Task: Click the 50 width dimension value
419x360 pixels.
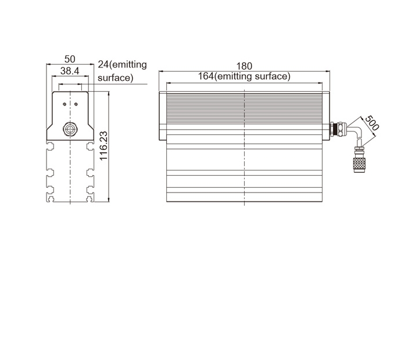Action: pyautogui.click(x=70, y=59)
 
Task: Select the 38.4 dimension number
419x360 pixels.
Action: pyautogui.click(x=70, y=71)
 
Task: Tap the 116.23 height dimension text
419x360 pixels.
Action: pyautogui.click(x=103, y=145)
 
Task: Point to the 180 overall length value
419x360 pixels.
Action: pyautogui.click(x=244, y=66)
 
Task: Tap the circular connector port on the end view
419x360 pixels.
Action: pyautogui.click(x=70, y=128)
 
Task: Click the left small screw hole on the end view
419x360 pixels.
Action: pyautogui.click(x=64, y=104)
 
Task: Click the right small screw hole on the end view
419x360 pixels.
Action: pyautogui.click(x=77, y=104)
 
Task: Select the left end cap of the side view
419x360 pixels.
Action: pyautogui.click(x=163, y=117)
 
